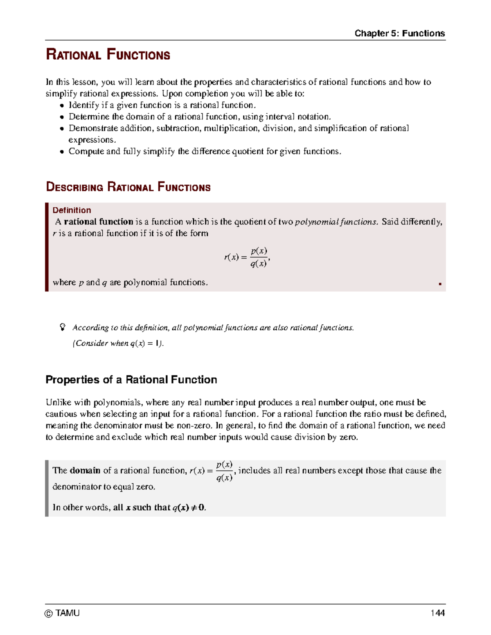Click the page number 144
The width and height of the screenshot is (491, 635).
coord(437,613)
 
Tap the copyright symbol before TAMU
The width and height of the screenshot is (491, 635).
coord(49,613)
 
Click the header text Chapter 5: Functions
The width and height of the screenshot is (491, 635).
coord(399,33)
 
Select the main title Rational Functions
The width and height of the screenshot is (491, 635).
coord(108,54)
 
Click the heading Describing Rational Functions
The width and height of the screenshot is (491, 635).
coord(128,187)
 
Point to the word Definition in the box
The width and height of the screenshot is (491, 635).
coord(72,210)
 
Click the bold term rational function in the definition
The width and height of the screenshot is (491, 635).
coord(98,222)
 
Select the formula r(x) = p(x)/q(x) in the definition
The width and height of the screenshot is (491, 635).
coord(247,257)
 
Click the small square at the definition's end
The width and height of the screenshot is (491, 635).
coord(440,284)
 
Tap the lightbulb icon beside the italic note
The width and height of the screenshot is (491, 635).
coord(63,327)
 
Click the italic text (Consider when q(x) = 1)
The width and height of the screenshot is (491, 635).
coord(118,343)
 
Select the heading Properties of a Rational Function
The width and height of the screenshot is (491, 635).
coord(131,379)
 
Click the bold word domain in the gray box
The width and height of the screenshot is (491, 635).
coord(85,470)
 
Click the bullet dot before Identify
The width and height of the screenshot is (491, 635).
coord(62,105)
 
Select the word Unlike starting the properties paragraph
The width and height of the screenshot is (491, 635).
coord(57,402)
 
